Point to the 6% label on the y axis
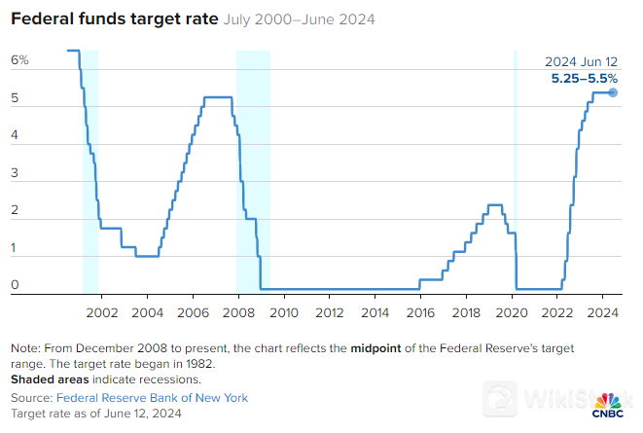tap(19, 60)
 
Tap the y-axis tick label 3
tap(15, 173)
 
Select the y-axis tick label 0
tap(15, 285)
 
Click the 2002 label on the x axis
tap(101, 312)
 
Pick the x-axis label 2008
tap(237, 312)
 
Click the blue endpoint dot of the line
tap(612, 92)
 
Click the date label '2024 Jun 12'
tap(581, 60)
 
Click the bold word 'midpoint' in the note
tap(381, 347)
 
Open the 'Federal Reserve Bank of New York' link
tap(152, 397)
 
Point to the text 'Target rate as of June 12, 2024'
tap(97, 413)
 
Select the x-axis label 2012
tap(329, 312)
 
